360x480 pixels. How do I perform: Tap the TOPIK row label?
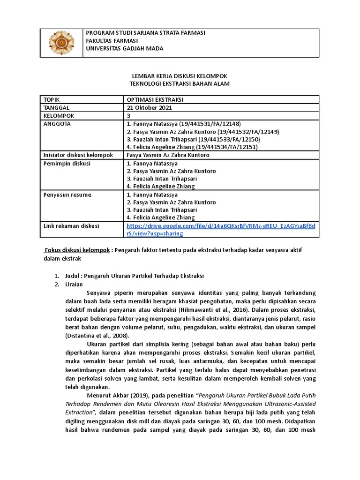52,100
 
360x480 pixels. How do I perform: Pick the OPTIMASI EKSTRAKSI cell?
155,100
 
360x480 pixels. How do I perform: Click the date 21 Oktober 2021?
150,107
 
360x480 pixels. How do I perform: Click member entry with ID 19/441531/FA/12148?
183,124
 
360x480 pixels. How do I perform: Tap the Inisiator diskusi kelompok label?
78,155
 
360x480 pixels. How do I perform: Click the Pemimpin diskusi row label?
67,164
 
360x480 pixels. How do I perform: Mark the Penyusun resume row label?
67,195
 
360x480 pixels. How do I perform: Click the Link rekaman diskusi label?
71,226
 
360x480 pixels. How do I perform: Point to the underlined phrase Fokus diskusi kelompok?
77,250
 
